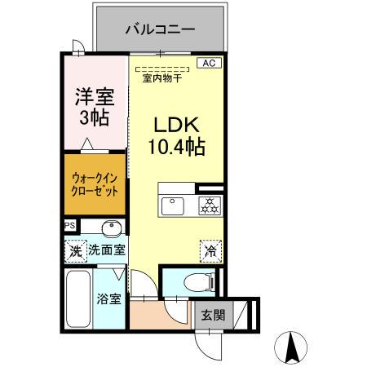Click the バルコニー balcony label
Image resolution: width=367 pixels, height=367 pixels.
(x=160, y=29)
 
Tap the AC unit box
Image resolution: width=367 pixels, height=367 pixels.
(x=209, y=62)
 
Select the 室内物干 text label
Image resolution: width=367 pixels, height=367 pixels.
(x=162, y=79)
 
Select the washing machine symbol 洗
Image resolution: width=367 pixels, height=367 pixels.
(x=75, y=251)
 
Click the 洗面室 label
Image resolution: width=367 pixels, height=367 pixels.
(x=107, y=251)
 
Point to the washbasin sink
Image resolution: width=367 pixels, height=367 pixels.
(x=112, y=228)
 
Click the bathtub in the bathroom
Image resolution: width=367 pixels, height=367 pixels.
(x=79, y=298)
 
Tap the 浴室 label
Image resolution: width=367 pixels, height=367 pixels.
(x=110, y=298)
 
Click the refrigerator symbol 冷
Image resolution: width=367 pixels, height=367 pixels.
(x=209, y=251)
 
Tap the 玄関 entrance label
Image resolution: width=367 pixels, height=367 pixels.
(x=210, y=316)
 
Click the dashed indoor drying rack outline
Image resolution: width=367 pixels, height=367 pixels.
(x=162, y=69)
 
